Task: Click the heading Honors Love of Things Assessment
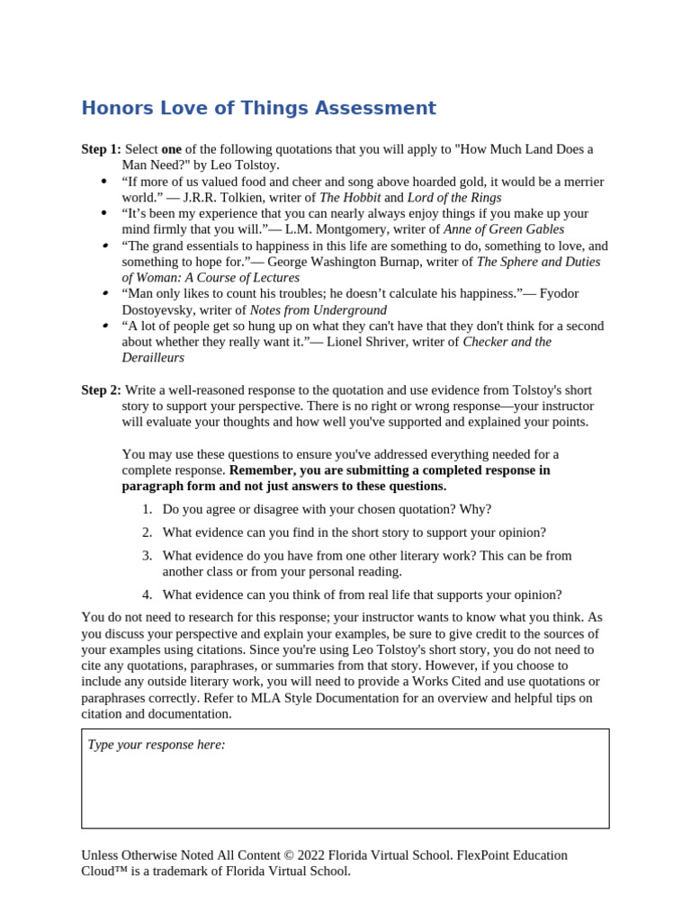[x=258, y=109]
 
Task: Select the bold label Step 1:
[x=101, y=149]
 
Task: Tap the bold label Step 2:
[x=101, y=389]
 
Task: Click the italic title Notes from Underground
[x=318, y=310]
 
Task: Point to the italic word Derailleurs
[x=153, y=358]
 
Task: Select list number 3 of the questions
[x=147, y=556]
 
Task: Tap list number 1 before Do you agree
[x=147, y=509]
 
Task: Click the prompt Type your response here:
[x=157, y=745]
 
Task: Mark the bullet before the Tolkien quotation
[x=104, y=182]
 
